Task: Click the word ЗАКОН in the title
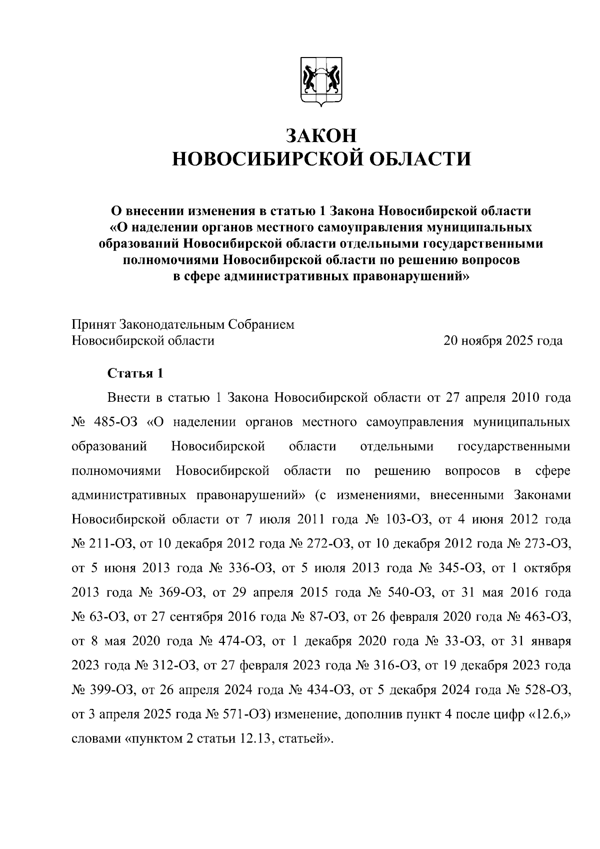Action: [321, 136]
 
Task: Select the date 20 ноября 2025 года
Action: [503, 341]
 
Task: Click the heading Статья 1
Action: [135, 374]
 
